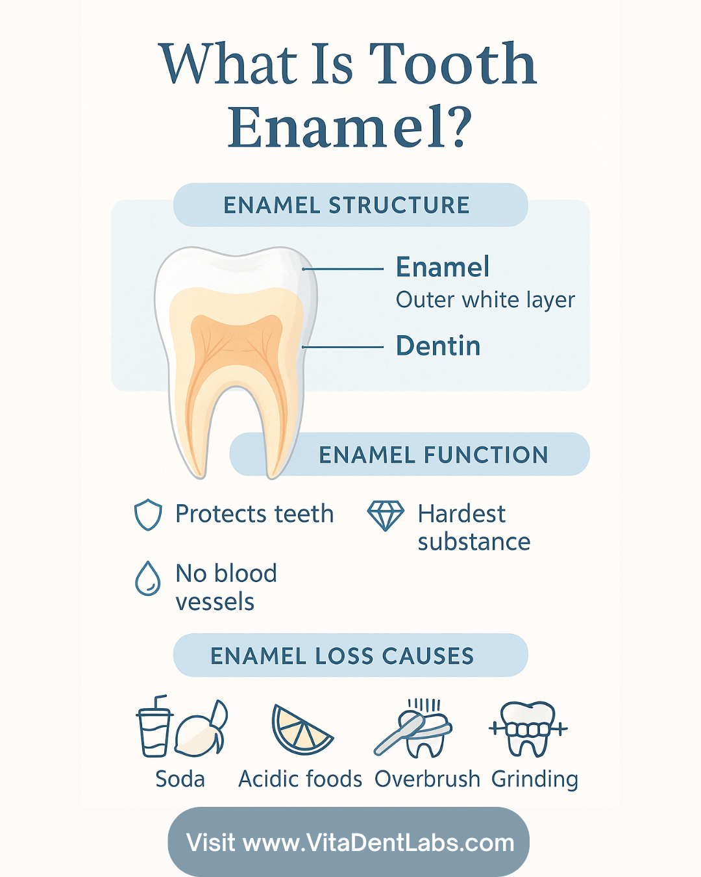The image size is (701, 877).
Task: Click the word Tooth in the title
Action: point(452,64)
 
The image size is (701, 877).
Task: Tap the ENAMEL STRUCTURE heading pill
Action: point(350,205)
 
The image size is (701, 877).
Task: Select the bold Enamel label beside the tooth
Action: point(443,267)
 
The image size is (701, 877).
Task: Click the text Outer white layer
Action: point(485,300)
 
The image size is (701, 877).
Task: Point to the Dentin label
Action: point(438,346)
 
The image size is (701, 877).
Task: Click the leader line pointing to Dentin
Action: point(344,348)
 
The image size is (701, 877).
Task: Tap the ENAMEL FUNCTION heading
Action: point(433,455)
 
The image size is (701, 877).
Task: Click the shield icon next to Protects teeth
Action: point(148,515)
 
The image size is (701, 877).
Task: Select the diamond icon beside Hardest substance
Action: point(386,515)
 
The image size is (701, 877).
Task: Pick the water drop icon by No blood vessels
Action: point(148,578)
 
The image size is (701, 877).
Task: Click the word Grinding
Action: point(534,779)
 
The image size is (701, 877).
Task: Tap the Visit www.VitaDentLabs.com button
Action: point(349,843)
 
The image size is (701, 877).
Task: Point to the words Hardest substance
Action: point(473,527)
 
